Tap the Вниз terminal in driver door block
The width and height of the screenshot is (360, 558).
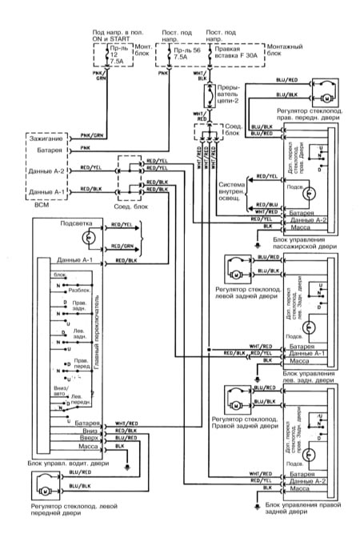coord(90,431)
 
